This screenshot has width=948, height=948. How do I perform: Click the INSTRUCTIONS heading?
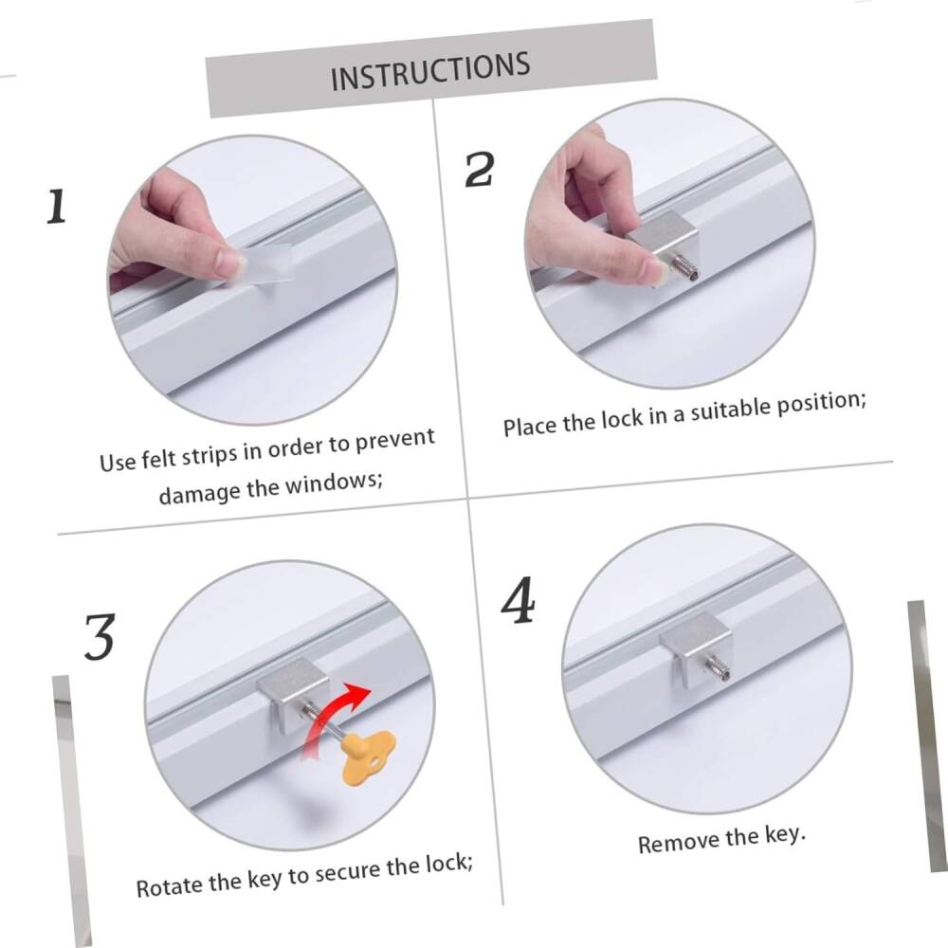pyautogui.click(x=430, y=71)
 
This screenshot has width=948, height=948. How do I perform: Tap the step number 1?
pyautogui.click(x=56, y=206)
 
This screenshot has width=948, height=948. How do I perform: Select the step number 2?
pyautogui.click(x=480, y=170)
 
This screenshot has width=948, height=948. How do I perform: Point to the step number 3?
pyautogui.click(x=100, y=637)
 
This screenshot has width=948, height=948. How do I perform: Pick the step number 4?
pyautogui.click(x=519, y=600)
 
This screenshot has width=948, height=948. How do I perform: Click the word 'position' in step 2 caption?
pyautogui.click(x=820, y=403)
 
